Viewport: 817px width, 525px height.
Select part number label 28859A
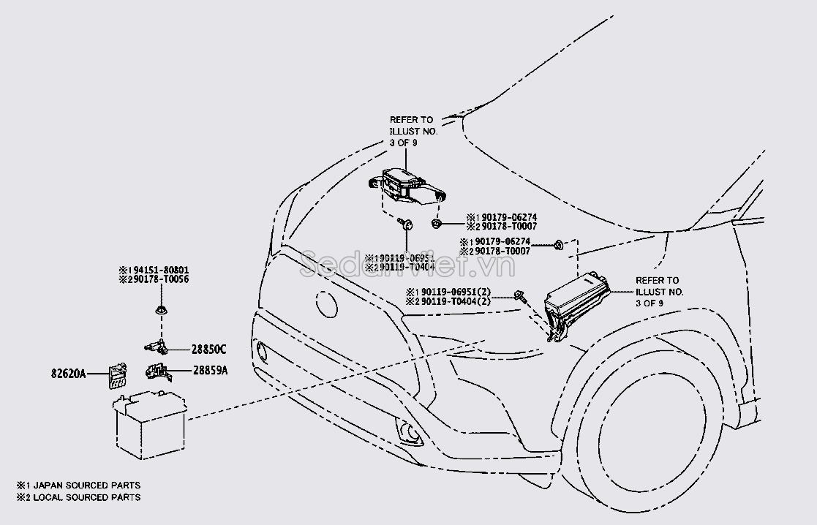click(x=211, y=371)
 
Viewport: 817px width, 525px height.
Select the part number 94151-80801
click(x=157, y=270)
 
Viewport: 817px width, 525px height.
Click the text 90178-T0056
click(x=157, y=280)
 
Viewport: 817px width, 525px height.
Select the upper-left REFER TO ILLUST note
click(x=411, y=130)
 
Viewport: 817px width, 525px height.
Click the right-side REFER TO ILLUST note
click(x=660, y=291)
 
